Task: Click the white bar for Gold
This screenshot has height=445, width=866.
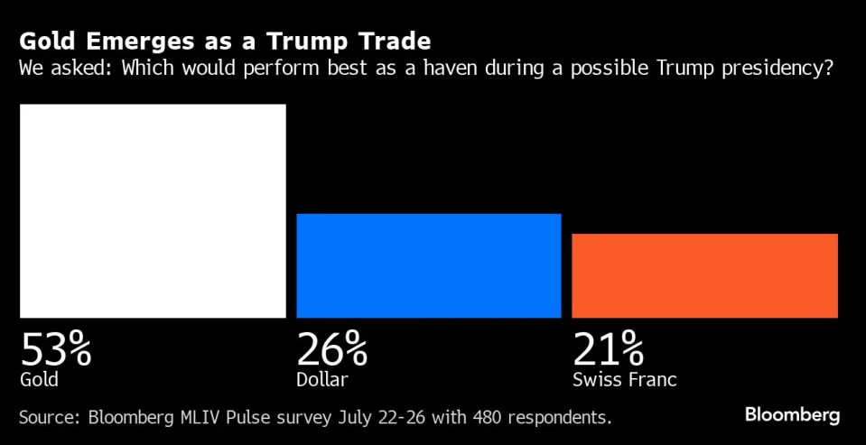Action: point(153,210)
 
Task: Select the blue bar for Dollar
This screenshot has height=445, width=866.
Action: point(429,265)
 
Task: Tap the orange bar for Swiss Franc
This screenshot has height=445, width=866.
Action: point(704,275)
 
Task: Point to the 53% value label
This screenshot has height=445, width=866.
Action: point(56,348)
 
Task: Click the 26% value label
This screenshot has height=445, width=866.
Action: point(331,348)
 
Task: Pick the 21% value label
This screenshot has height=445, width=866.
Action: point(608,348)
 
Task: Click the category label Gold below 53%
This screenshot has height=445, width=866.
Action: point(39,379)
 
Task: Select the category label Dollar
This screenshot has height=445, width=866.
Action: point(321,379)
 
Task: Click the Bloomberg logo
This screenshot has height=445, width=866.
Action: point(792,415)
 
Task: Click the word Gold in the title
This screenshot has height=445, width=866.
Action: point(43,42)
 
